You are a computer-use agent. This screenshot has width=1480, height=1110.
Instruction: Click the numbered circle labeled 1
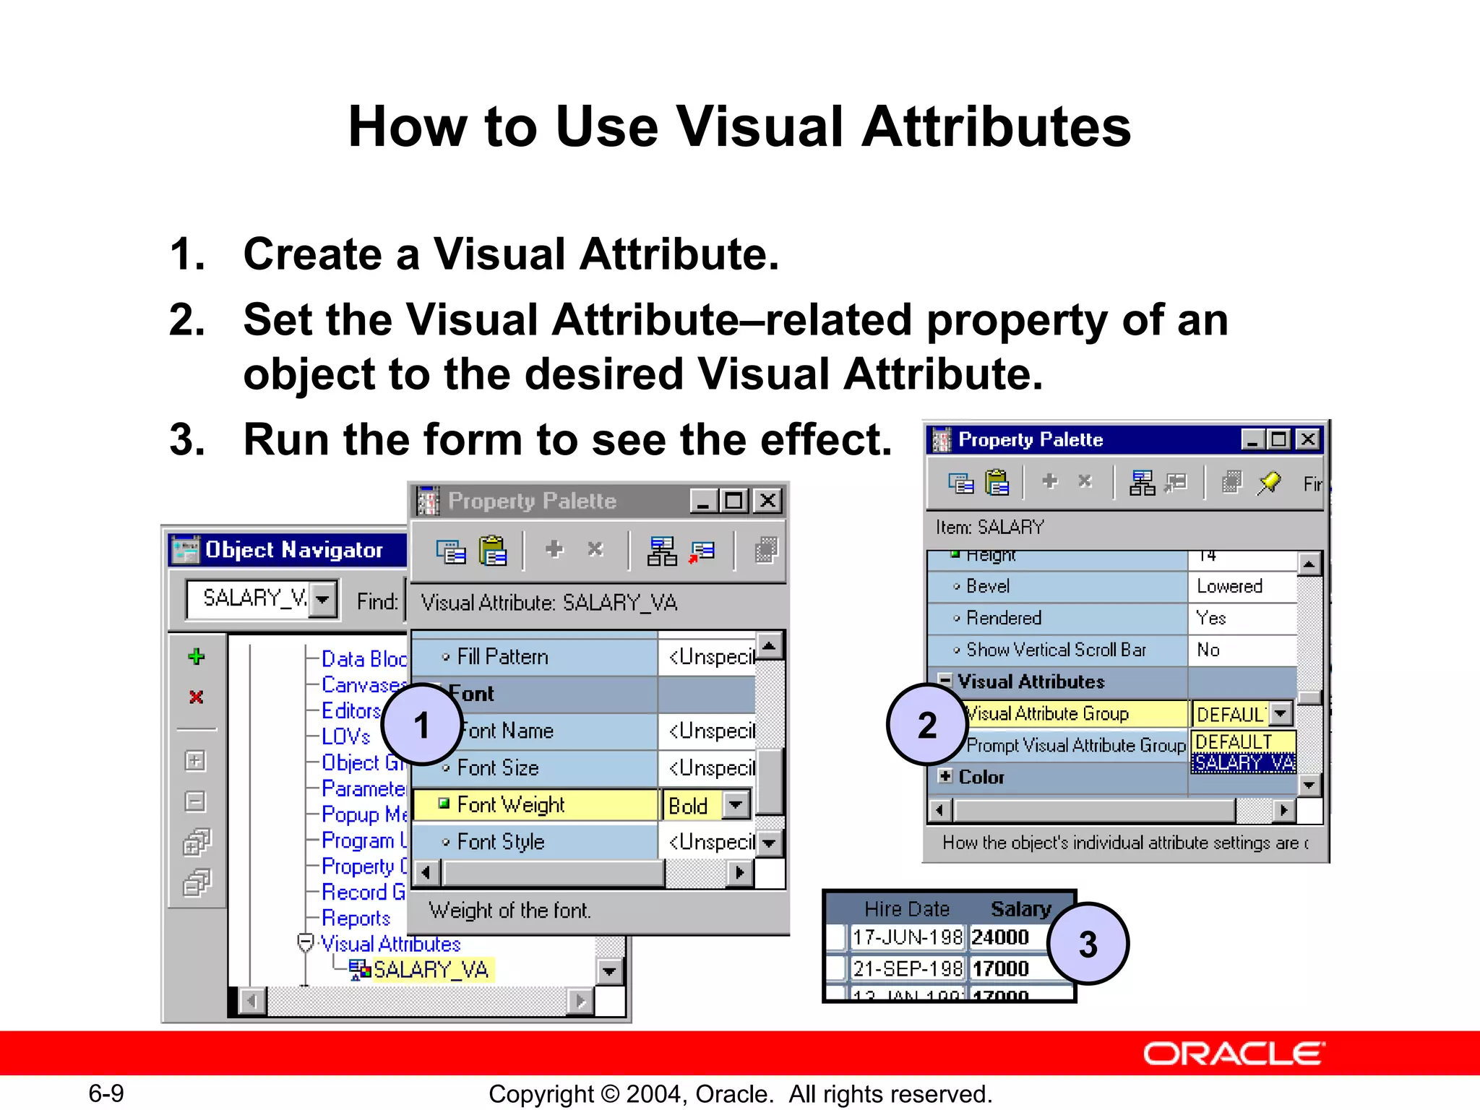(x=422, y=725)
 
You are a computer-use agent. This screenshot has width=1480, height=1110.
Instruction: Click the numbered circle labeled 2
(x=926, y=725)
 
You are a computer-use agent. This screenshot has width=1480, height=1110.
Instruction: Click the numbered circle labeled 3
(x=1088, y=944)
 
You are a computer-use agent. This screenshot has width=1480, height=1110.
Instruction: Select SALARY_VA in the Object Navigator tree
(x=431, y=969)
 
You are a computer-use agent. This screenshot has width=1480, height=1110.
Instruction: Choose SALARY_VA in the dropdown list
(x=1243, y=763)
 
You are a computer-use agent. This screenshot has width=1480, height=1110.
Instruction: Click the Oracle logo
(x=1234, y=1054)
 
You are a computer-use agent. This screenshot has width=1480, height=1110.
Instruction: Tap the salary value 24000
(x=1000, y=937)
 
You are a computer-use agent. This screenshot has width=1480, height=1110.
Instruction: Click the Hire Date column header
(x=907, y=908)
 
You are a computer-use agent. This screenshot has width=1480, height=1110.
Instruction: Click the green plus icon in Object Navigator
(x=196, y=657)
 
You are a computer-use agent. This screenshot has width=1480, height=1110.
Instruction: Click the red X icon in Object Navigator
(x=196, y=697)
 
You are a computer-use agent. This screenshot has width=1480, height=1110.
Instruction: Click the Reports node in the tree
(x=356, y=918)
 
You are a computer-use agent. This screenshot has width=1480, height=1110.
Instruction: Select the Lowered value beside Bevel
(x=1229, y=586)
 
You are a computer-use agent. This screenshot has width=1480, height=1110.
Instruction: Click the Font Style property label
(x=500, y=842)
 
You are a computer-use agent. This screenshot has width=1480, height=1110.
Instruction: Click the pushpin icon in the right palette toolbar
(x=1268, y=483)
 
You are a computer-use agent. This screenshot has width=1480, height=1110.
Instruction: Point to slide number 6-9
(x=106, y=1093)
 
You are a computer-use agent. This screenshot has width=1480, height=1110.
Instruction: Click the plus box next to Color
(x=945, y=776)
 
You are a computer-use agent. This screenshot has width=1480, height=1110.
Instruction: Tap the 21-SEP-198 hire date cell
(x=907, y=968)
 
